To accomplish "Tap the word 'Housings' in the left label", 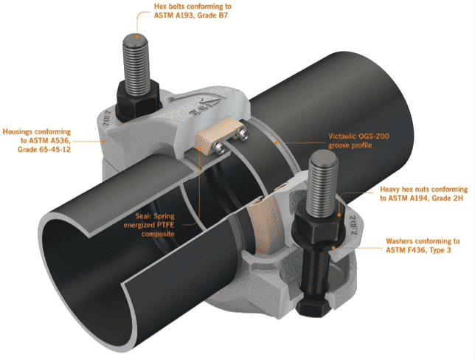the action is (x=18, y=132).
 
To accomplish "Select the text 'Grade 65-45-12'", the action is (x=44, y=150).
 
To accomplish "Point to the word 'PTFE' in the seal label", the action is (x=166, y=225).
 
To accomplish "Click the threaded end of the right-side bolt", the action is (x=324, y=157).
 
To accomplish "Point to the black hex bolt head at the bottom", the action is (x=314, y=306).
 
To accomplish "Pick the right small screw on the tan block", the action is (x=242, y=134).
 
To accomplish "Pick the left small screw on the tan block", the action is (x=218, y=148).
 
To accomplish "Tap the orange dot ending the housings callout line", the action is (x=104, y=141).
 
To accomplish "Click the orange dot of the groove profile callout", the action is (x=275, y=142).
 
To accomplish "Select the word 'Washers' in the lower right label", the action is (x=399, y=241).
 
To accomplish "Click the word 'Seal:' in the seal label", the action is (x=143, y=216).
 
